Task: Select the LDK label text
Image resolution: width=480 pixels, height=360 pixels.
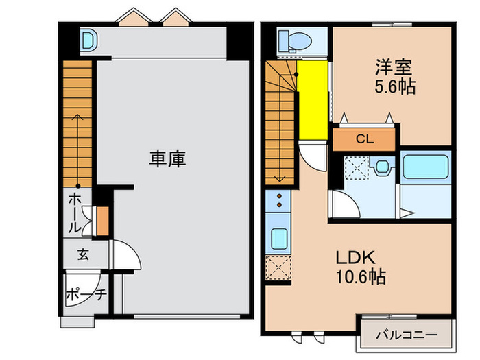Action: (x=354, y=258)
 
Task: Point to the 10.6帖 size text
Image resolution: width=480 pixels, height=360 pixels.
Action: (x=360, y=277)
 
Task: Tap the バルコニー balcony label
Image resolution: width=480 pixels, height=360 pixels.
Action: (x=407, y=336)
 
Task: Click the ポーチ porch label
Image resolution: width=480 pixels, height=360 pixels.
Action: (x=85, y=296)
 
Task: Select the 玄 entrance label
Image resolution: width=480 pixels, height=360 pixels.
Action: (x=82, y=255)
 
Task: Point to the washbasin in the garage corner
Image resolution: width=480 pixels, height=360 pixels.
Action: (x=88, y=39)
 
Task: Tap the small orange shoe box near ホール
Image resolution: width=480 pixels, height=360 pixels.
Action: (x=103, y=220)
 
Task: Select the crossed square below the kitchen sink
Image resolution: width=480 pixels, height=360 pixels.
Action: (x=280, y=269)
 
